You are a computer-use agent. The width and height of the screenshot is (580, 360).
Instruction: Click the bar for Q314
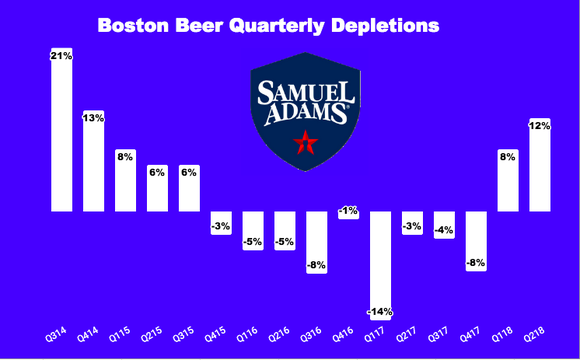click(62, 130)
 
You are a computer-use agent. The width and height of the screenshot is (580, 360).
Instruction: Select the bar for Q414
click(94, 161)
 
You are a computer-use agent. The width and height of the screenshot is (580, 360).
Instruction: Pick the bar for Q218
click(541, 165)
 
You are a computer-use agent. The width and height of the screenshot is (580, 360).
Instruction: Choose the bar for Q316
click(317, 241)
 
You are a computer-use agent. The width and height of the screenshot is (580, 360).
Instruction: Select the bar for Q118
click(509, 180)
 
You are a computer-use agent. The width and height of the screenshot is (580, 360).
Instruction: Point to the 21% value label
click(62, 56)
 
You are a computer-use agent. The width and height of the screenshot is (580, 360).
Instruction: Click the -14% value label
click(381, 311)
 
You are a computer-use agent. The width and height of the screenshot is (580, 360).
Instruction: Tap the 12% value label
click(541, 125)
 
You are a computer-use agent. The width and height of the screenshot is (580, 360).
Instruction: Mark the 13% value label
click(94, 118)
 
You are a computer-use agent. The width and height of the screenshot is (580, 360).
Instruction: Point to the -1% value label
click(349, 211)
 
